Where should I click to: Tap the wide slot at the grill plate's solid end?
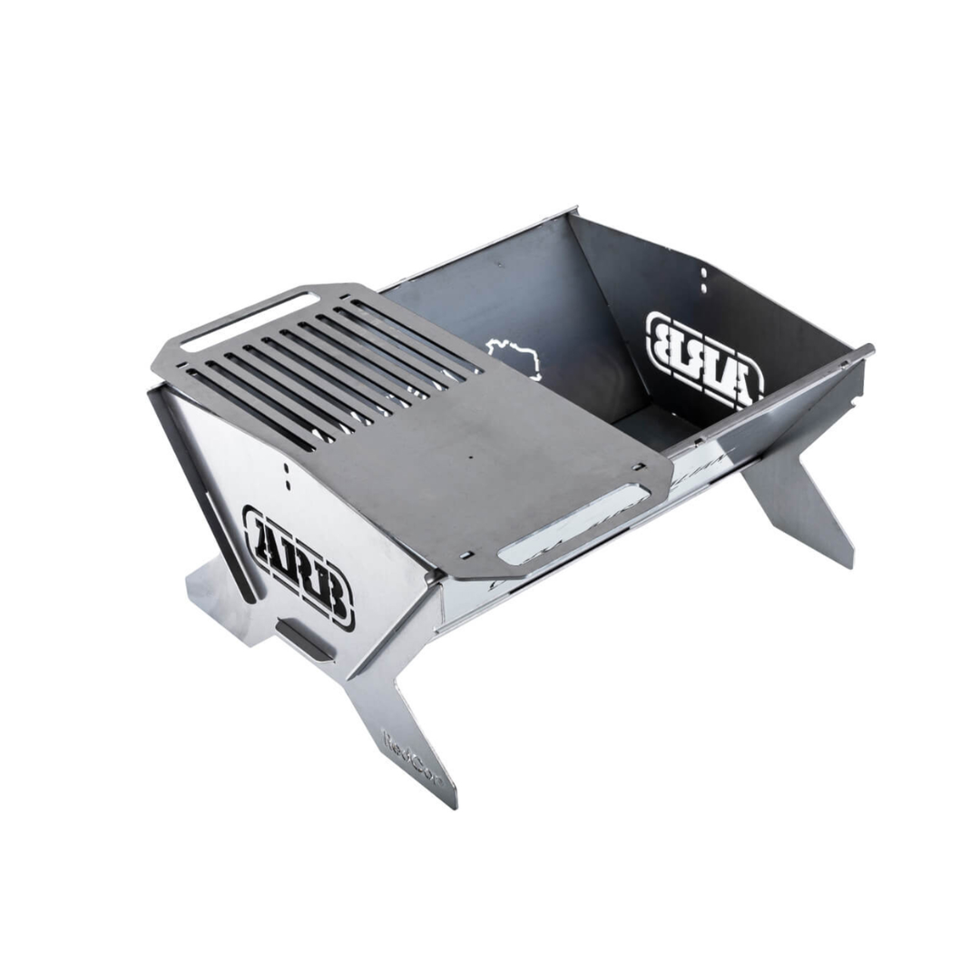point(573,520)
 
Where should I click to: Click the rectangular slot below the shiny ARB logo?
point(304,641)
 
